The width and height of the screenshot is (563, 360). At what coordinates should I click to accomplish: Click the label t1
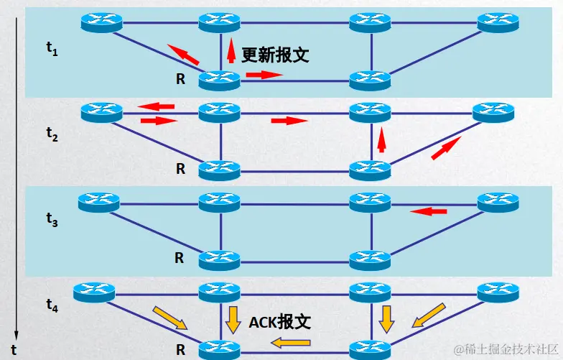point(51,49)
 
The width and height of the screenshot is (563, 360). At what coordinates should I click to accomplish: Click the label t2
point(51,134)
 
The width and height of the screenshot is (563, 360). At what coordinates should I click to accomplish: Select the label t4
point(51,305)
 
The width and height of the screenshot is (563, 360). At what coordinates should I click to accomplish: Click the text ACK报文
point(280,322)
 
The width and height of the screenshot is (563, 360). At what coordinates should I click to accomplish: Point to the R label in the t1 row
point(180,80)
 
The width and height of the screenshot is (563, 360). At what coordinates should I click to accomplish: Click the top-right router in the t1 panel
point(498,22)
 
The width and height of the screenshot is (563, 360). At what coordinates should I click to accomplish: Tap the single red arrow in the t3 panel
point(428,211)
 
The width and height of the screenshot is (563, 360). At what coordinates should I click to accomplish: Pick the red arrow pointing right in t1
point(264,74)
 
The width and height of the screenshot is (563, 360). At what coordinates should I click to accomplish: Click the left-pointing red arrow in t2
point(157,107)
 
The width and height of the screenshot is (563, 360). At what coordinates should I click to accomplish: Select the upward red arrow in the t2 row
point(382,140)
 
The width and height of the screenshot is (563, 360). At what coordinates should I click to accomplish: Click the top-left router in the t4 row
point(95,292)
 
